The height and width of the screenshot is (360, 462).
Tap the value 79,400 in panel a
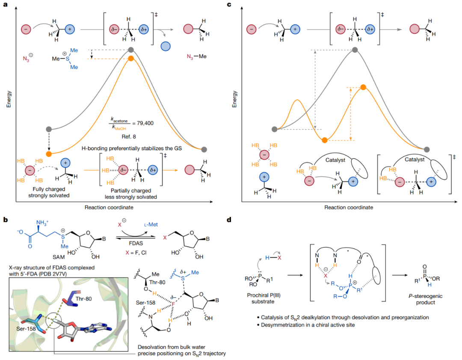[x=143, y=122]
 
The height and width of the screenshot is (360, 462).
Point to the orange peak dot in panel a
[x=131, y=58]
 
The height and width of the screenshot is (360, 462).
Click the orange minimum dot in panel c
[x=325, y=140]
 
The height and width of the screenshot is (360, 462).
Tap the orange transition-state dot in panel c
[x=363, y=87]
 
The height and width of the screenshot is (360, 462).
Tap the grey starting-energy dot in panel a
[x=49, y=129]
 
